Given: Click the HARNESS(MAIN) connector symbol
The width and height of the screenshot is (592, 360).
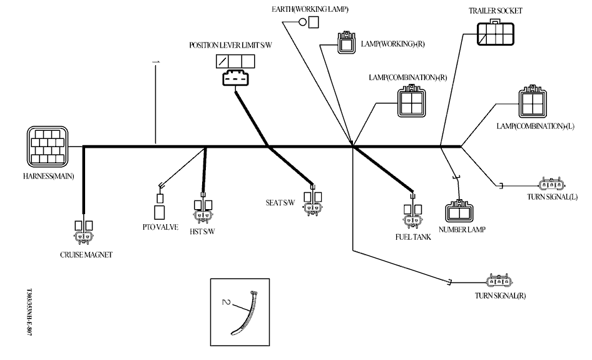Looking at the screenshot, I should tap(48, 146).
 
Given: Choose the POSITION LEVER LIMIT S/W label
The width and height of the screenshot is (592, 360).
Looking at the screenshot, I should tap(231, 45).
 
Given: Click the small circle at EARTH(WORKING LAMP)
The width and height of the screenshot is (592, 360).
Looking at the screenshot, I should tap(302, 23).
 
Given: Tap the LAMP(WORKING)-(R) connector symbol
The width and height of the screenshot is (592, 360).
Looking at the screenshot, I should tap(346, 44).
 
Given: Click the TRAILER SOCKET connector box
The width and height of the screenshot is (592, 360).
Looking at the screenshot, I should tap(496, 34).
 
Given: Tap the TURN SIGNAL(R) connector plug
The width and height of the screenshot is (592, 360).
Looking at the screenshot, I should tap(499, 282).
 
